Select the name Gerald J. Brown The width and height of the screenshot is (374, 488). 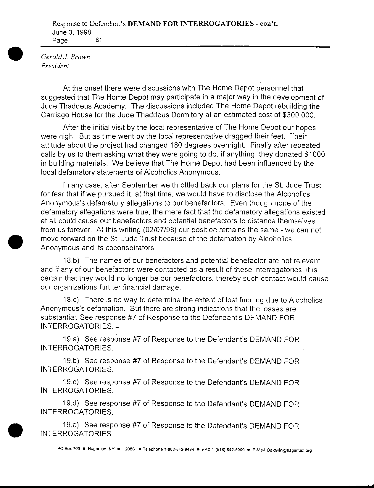click(x=65, y=57)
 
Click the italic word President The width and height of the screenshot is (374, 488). click(x=55, y=66)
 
